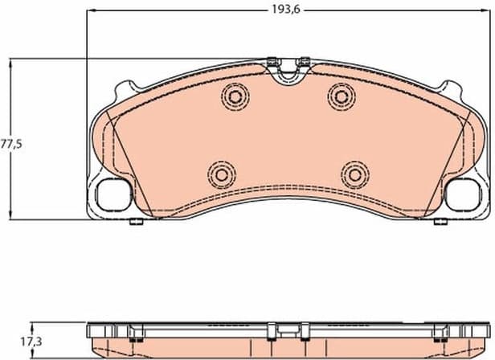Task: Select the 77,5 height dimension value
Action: point(10,145)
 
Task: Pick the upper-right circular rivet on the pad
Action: point(341,96)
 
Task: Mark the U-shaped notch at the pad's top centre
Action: point(287,76)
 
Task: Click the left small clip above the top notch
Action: point(272,60)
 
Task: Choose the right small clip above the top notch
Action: point(304,60)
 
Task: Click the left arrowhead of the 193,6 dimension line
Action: point(90,12)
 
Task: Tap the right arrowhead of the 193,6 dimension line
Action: point(487,12)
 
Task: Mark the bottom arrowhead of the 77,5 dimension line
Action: point(10,217)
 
